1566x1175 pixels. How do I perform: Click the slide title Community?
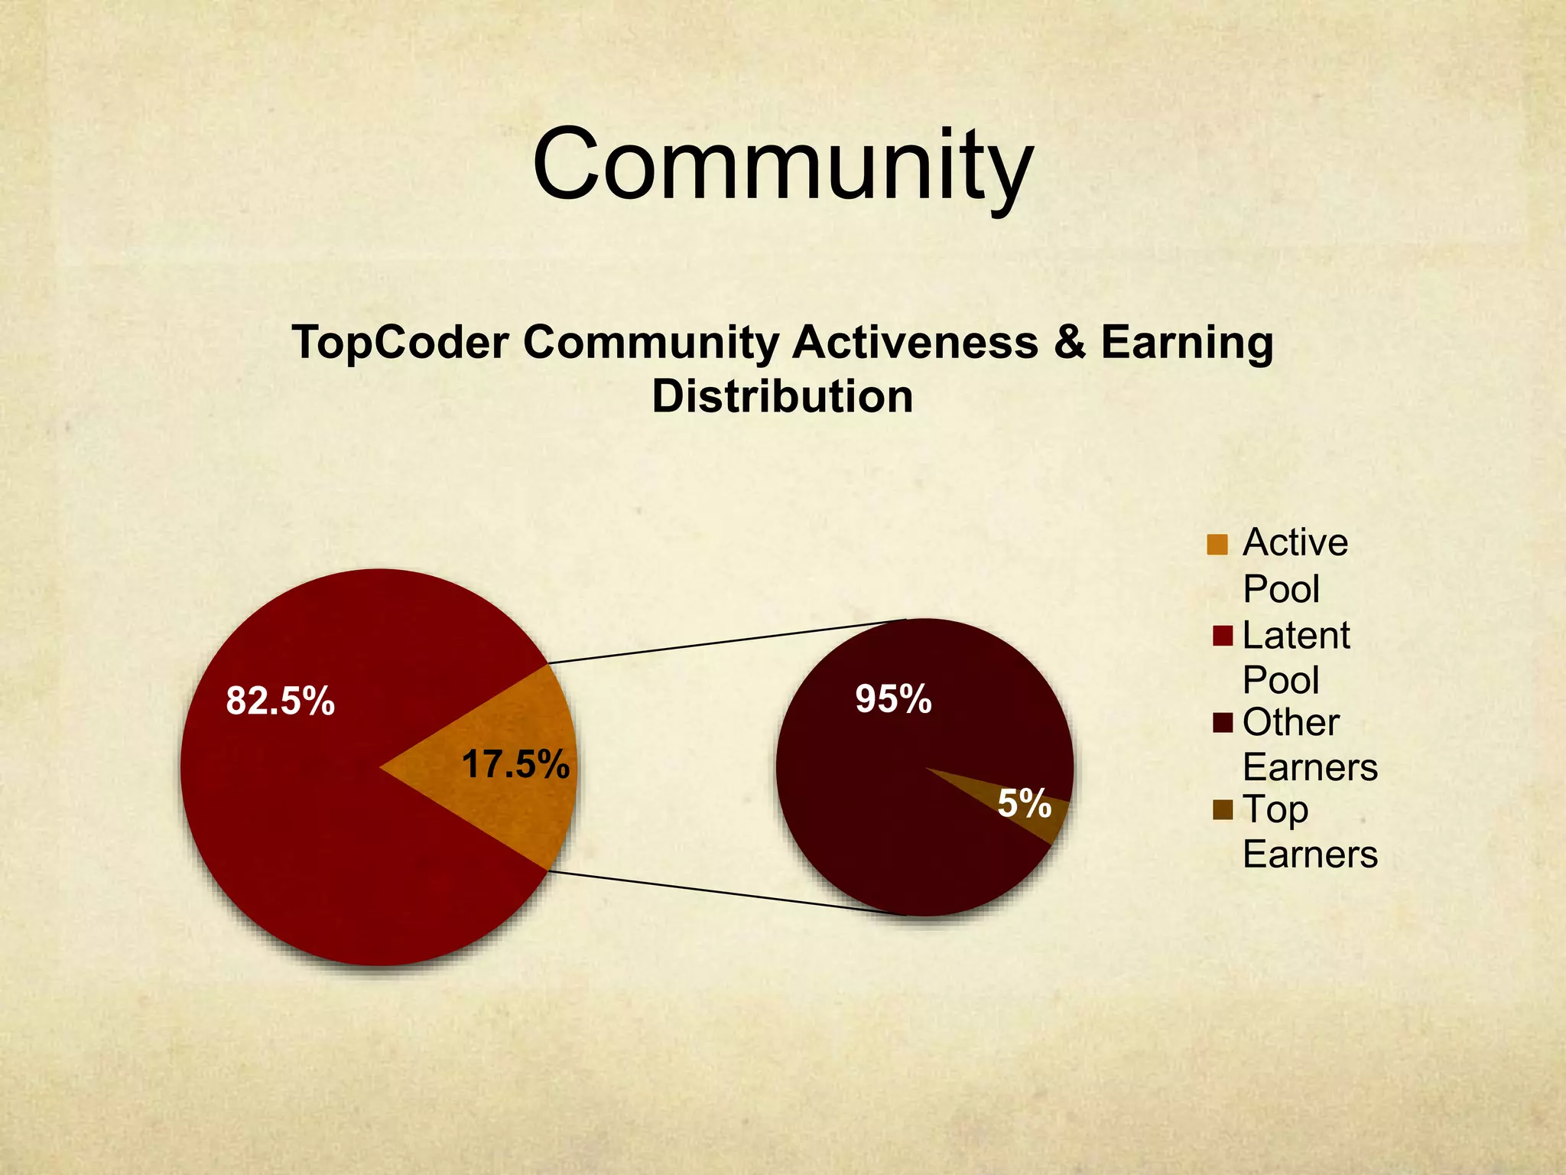(782, 166)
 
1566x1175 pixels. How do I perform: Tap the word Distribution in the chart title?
(782, 396)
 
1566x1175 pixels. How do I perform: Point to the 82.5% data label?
(280, 701)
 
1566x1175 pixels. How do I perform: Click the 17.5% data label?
(515, 765)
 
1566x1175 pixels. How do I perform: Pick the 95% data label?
(893, 698)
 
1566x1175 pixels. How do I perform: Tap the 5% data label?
(1024, 803)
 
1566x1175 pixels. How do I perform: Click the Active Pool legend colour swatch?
(1217, 545)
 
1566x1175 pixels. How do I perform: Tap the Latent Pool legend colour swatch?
(1223, 636)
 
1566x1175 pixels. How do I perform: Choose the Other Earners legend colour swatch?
(1223, 723)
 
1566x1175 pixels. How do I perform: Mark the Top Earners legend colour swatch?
(1223, 809)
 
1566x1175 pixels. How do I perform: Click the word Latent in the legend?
(1296, 636)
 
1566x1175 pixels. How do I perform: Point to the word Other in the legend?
(1291, 723)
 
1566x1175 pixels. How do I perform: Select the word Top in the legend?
(1275, 811)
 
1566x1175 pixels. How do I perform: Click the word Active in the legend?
(1295, 543)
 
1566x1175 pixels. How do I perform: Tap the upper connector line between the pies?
(726, 641)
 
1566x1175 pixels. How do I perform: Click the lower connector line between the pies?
(726, 893)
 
